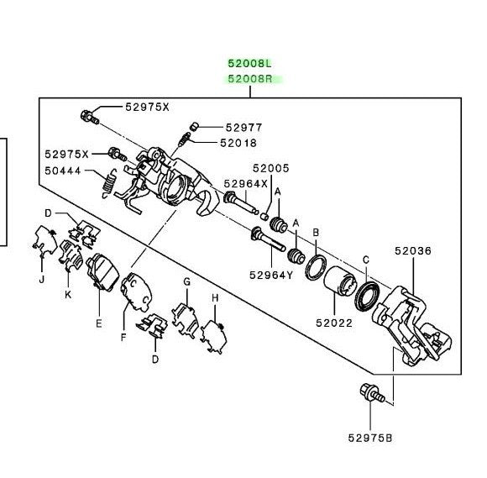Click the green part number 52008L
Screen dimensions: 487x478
tap(249, 63)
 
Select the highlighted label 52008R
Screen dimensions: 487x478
tap(250, 79)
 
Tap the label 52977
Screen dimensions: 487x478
tap(243, 128)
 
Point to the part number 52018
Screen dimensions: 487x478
tap(238, 143)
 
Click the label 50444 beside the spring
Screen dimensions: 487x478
tap(63, 171)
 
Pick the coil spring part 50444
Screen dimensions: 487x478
tap(109, 184)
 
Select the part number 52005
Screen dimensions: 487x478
tap(271, 168)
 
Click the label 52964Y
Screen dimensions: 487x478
tap(271, 275)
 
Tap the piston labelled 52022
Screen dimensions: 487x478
tap(339, 279)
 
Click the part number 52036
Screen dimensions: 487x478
tap(413, 251)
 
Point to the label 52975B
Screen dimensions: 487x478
tap(370, 438)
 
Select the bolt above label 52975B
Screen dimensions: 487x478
tap(372, 393)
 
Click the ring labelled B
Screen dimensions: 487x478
tap(316, 266)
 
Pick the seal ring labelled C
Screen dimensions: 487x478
tap(367, 297)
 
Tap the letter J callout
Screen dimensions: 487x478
tap(42, 280)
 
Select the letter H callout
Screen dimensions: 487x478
tap(215, 298)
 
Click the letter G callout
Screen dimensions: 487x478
tap(186, 282)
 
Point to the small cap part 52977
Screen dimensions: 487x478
tap(194, 127)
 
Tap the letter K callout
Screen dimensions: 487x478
tap(68, 294)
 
